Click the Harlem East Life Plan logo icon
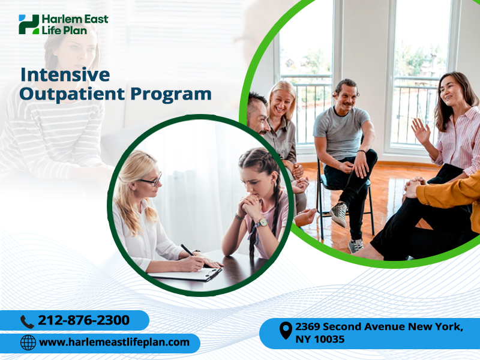(29, 24)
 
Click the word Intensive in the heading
(65, 75)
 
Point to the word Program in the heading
(171, 95)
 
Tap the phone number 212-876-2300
(83, 320)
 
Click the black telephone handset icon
(27, 322)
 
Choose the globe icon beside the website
(28, 342)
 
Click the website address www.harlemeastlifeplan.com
(114, 342)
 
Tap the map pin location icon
(286, 331)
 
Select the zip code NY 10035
(320, 339)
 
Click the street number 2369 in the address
(307, 326)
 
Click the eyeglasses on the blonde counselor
(152, 181)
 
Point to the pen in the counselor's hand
(187, 250)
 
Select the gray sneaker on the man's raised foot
(339, 214)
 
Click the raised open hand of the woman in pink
(421, 131)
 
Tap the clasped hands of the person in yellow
(412, 187)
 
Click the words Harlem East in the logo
(75, 19)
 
